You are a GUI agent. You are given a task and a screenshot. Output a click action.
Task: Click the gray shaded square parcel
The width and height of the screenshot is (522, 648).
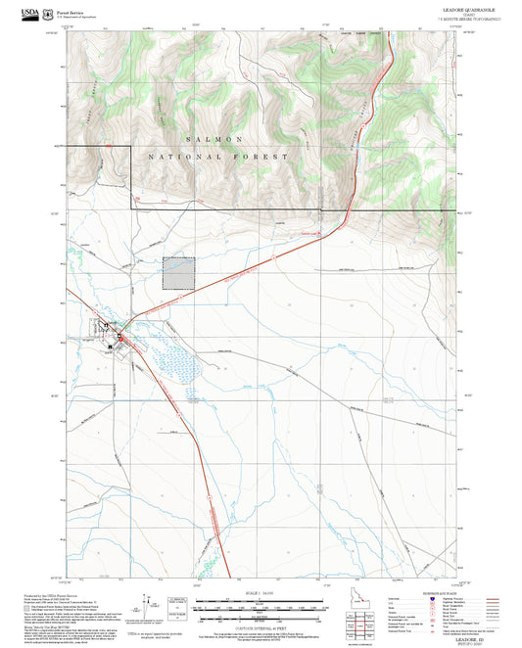pyautogui.click(x=177, y=274)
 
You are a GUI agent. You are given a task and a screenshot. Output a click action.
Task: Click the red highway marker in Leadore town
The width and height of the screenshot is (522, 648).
pyautogui.click(x=120, y=339)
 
